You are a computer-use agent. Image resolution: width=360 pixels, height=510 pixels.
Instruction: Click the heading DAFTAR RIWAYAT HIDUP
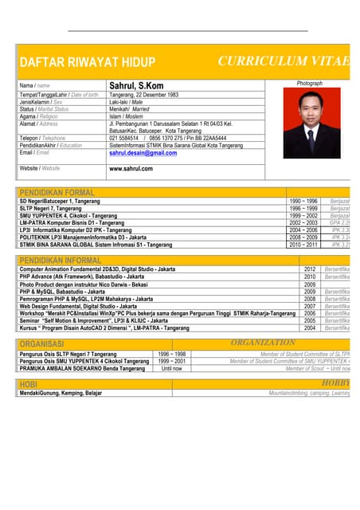coord(87,62)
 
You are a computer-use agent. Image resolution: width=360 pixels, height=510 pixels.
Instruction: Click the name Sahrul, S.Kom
coord(138,85)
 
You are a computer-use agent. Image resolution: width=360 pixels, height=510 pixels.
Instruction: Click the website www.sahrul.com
coord(131,168)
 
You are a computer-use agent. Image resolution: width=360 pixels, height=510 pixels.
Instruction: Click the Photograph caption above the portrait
coord(309,83)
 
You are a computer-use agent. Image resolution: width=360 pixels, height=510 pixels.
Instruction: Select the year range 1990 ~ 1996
coord(303,202)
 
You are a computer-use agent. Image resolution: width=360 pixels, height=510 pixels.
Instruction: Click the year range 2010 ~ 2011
coord(303,245)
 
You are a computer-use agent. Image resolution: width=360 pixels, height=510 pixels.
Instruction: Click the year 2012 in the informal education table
coord(310,269)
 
